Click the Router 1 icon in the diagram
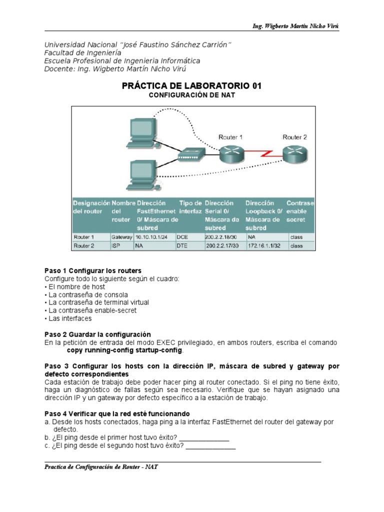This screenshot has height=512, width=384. pos(230,153)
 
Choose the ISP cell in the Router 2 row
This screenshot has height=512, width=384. pos(116,246)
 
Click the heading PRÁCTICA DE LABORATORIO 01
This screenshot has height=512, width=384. pos(191,86)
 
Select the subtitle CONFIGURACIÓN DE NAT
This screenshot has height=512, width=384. pos(192,95)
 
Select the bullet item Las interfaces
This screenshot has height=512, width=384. pos(70,318)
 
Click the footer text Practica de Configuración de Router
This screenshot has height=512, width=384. pos(101,467)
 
